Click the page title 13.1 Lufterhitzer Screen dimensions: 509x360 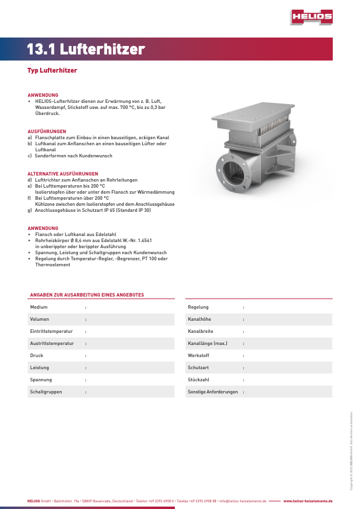(x=86, y=49)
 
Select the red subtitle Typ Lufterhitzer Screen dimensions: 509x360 (x=52, y=71)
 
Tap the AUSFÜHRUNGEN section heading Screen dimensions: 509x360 (x=47, y=131)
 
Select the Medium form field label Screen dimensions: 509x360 (x=39, y=307)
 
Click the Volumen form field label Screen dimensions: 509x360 (x=40, y=320)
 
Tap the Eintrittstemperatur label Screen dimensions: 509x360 (x=51, y=332)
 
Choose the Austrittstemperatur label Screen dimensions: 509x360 (x=52, y=344)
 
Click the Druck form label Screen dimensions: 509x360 (x=37, y=356)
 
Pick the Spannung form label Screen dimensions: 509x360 (x=41, y=380)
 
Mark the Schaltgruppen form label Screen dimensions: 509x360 (x=46, y=392)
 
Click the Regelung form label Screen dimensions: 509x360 (x=198, y=307)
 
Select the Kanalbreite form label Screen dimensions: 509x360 (x=200, y=332)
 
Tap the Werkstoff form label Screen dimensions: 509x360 (x=199, y=356)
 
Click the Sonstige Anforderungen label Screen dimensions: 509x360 (x=212, y=392)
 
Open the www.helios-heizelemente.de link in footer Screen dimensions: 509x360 (x=308, y=502)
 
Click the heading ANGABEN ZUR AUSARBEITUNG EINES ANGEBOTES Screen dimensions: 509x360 (x=87, y=295)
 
